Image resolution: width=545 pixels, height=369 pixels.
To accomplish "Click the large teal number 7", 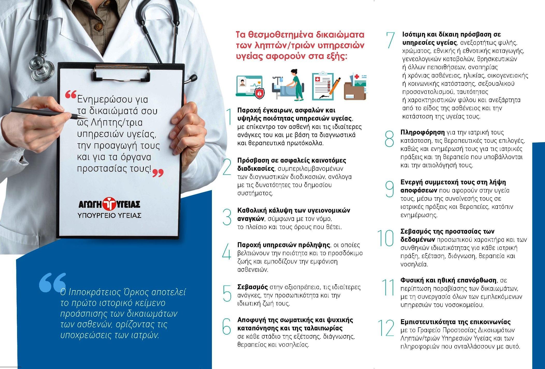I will pyautogui.click(x=390, y=40).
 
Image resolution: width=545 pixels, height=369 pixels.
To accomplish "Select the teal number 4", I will pyautogui.click(x=227, y=251).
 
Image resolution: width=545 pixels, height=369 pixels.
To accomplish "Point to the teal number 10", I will pyautogui.click(x=385, y=238).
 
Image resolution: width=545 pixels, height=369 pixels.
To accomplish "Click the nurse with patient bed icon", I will pyautogui.click(x=288, y=85).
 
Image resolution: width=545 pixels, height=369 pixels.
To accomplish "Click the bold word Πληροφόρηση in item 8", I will pyautogui.click(x=422, y=132).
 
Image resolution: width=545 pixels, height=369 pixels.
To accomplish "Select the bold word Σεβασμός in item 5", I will pyautogui.click(x=253, y=287).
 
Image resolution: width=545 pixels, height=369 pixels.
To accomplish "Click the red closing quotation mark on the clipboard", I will pyautogui.click(x=158, y=173).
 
